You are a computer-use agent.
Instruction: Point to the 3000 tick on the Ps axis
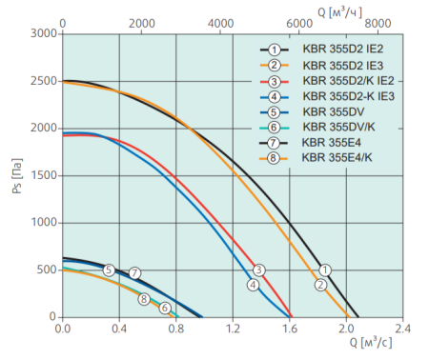pos(42,33)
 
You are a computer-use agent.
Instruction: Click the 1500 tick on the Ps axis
pos(42,175)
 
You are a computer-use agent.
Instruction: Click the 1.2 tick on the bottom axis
pos(233,329)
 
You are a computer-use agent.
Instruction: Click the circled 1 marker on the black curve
pos(325,270)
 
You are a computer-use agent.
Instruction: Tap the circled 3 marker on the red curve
pos(258,270)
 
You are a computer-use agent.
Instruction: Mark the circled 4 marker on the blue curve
pos(253,284)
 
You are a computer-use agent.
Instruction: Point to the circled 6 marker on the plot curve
pos(165,308)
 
